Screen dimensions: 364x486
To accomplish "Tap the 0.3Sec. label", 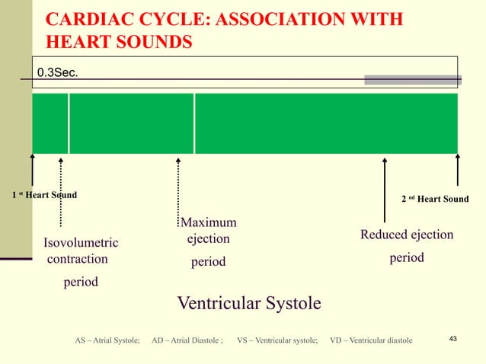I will (58, 73).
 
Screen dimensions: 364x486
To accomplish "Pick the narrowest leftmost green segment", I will (50, 123).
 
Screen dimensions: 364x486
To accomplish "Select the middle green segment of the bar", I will (132, 123).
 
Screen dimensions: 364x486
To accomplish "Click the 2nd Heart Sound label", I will (435, 200).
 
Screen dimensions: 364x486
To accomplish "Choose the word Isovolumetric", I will (80, 243).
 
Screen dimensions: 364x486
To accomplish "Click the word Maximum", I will (208, 222).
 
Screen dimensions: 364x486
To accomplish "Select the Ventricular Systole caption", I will (249, 304).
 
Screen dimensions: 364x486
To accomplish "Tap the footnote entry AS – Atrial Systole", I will (107, 340).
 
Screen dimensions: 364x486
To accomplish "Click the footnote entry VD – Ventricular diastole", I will (371, 340).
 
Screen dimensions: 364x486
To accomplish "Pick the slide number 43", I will (454, 338).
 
